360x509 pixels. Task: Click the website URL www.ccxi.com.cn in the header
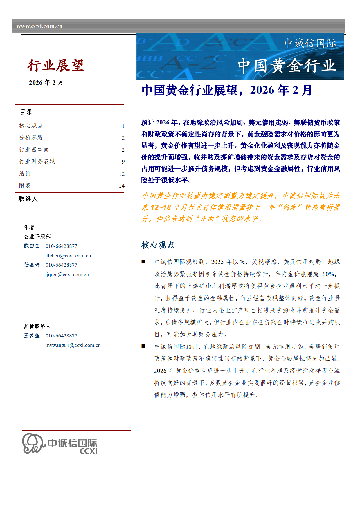pos(39,26)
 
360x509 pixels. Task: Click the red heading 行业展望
pos(56,65)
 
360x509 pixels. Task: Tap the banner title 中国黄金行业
pos(287,66)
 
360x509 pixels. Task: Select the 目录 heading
pos(26,112)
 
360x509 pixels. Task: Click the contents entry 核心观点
pos(31,126)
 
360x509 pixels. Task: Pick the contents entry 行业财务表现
pos(37,161)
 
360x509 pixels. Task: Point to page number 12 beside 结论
pos(122,174)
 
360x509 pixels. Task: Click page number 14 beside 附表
pos(122,186)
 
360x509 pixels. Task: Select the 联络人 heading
pos(28,199)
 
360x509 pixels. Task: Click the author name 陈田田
pos(32,246)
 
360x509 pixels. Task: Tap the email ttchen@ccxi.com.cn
pos(69,256)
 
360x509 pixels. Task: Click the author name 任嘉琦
pos(32,265)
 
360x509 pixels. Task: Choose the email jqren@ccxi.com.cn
pos(68,275)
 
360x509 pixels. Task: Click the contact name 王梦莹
pos(32,336)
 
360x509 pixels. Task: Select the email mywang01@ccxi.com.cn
pos(73,345)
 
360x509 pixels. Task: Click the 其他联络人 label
pos(37,326)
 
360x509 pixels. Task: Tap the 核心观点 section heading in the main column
pos(158,245)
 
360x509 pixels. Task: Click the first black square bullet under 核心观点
pos(143,262)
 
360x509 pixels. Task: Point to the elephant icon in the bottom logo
pos(33,443)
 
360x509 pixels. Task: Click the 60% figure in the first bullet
pos(329,274)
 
